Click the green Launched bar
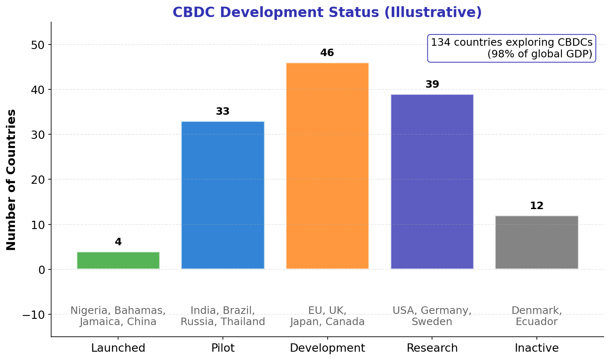118,261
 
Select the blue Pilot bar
223,195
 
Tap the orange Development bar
327,166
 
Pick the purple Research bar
432,182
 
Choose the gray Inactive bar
536,242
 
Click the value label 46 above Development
327,53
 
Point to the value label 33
223,111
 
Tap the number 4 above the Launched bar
118,242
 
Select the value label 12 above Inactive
536,206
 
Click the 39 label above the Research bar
432,84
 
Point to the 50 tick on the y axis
38,45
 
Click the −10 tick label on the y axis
34,315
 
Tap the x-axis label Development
327,348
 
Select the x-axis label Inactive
536,348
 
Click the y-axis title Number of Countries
12,180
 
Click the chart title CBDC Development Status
327,12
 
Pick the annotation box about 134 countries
511,48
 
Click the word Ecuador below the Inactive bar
536,322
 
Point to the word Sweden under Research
432,322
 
